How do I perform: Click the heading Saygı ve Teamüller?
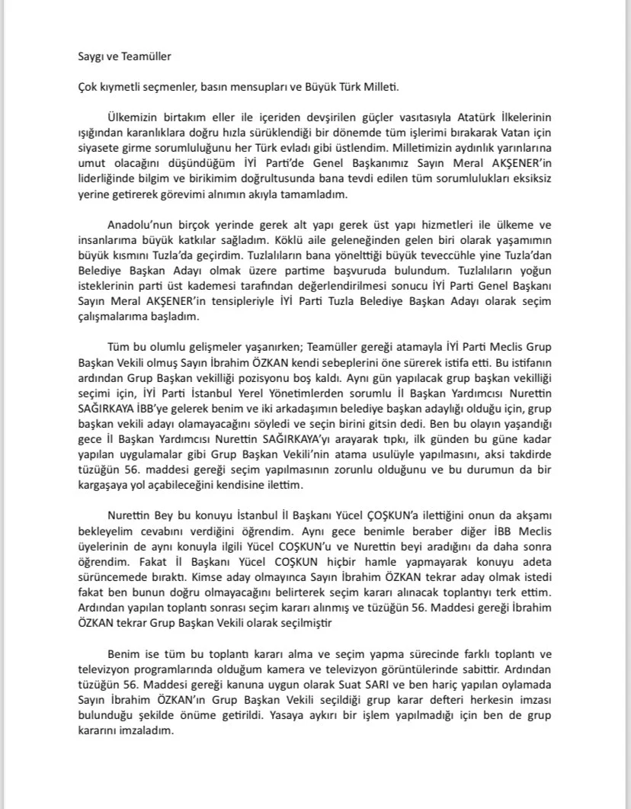[x=120, y=56]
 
